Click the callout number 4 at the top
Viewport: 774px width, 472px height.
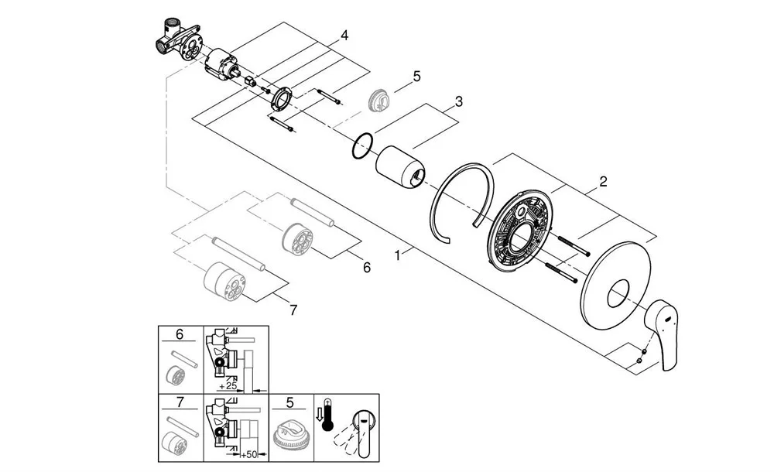[x=344, y=36]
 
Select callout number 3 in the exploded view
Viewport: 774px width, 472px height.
[x=459, y=101]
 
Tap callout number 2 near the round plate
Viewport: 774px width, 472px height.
[x=603, y=183]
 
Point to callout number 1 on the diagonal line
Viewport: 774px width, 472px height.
[x=398, y=253]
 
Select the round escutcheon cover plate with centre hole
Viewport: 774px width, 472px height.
[x=616, y=294]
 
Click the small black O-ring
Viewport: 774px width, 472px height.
[x=362, y=146]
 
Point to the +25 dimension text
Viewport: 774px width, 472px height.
[x=228, y=385]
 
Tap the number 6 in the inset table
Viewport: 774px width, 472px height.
[x=180, y=334]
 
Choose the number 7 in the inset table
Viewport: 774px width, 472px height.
[x=180, y=402]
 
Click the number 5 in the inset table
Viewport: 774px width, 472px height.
[x=289, y=402]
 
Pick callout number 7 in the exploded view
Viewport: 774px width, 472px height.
[x=293, y=310]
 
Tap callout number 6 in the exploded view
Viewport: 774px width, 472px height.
[x=366, y=267]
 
